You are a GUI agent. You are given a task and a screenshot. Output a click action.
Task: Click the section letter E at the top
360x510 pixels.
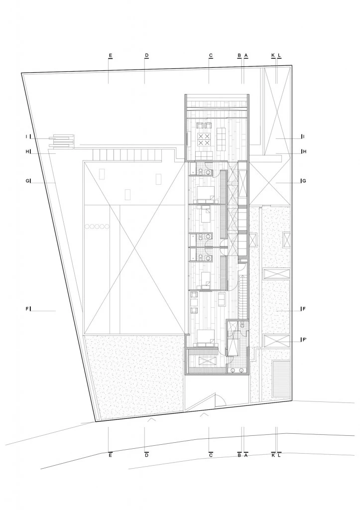tap(110, 55)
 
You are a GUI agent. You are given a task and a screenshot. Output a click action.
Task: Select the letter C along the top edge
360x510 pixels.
tap(211, 55)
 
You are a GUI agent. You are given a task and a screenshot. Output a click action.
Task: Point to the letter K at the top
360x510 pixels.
tap(273, 55)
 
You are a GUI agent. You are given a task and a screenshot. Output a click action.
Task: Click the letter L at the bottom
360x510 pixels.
tap(279, 455)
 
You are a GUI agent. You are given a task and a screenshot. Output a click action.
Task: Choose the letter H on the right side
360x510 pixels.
tap(304, 151)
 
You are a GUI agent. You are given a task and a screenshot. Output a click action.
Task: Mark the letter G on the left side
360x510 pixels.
tap(27, 181)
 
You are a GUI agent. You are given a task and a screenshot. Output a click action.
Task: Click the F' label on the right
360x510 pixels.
tap(304, 341)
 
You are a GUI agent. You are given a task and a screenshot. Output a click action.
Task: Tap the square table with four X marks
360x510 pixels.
tap(204, 139)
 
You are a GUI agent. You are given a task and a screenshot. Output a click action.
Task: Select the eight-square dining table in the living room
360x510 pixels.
tap(221, 135)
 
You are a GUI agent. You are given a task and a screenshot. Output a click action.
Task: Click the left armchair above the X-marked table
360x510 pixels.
tap(200, 126)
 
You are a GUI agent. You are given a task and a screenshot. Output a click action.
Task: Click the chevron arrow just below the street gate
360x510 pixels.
tap(204, 414)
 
